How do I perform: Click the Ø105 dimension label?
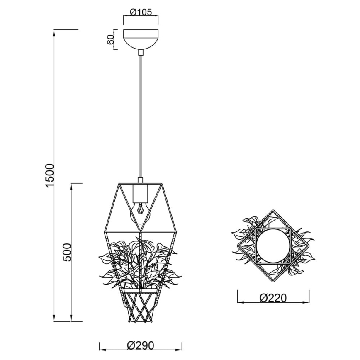tap(140, 12)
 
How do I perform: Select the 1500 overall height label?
tap(49, 175)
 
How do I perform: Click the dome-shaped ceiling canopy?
tap(141, 39)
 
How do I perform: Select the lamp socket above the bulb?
tap(141, 193)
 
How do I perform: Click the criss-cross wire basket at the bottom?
tap(141, 307)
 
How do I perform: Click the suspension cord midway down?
tap(141, 116)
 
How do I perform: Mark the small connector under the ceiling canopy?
tap(141, 52)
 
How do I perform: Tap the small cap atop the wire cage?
tap(141, 180)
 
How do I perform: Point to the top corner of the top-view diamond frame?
tap(272, 211)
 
